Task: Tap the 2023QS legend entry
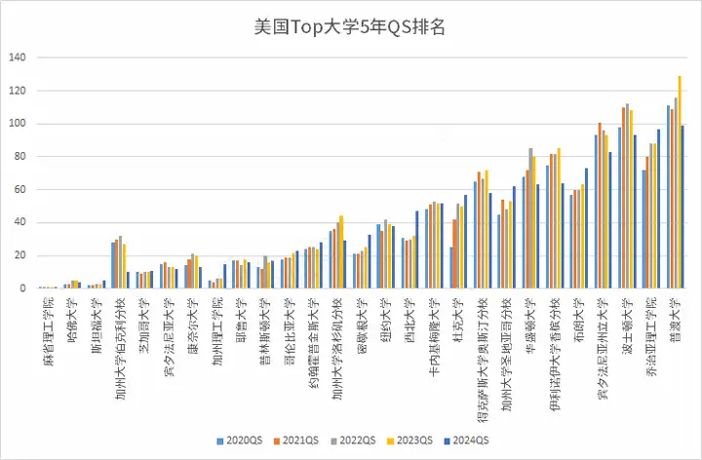click(412, 440)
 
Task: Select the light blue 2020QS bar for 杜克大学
click(451, 268)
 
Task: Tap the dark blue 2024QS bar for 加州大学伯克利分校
click(129, 280)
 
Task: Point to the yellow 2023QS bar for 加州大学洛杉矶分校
click(341, 252)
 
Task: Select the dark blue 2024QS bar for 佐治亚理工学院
click(659, 210)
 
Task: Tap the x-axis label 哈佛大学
click(69, 317)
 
